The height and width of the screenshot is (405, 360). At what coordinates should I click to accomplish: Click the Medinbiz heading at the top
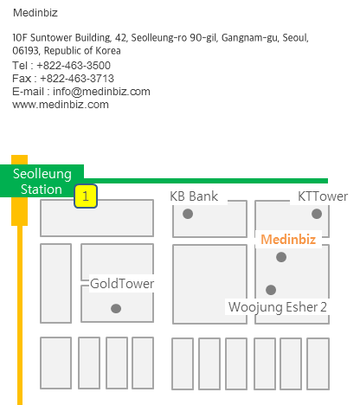point(35,13)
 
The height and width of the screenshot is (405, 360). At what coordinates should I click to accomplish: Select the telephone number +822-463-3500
point(74,66)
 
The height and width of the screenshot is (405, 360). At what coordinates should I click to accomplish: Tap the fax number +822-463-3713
point(77,79)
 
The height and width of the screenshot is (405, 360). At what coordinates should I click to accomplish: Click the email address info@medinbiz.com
point(101,92)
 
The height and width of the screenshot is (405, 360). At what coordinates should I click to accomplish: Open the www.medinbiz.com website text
point(61,105)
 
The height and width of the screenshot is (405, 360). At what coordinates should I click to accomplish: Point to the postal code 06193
point(26,51)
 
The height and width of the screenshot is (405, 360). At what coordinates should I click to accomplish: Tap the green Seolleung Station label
point(42,181)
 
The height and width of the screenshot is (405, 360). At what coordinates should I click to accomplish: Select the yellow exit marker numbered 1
point(86,196)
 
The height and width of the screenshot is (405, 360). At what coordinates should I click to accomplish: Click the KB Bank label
point(194,196)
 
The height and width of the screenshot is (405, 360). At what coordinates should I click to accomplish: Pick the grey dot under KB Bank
point(188,214)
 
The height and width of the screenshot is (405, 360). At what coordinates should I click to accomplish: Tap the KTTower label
point(323,196)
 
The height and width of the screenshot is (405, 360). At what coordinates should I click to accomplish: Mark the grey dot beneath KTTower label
point(317,214)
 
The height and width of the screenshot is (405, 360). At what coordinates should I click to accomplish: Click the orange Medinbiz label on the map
point(288,240)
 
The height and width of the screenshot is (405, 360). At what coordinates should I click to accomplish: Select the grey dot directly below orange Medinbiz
point(281,257)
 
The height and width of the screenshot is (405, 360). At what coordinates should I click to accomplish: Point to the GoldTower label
point(122,284)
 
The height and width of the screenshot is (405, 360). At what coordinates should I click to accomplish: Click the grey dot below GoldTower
point(116,308)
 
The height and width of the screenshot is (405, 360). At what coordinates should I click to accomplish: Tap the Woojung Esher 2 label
point(278,307)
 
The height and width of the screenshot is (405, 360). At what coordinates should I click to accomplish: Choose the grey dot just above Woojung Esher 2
point(271,290)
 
